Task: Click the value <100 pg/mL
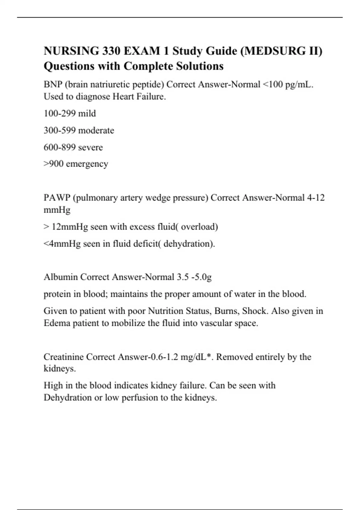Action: point(287,85)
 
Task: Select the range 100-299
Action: point(60,113)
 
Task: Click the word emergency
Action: point(87,164)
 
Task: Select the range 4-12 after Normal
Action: point(316,198)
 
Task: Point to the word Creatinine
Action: point(64,357)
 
